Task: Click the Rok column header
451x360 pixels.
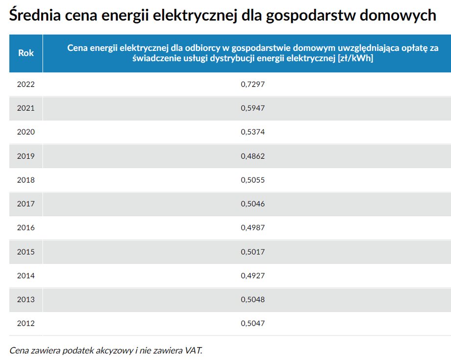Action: [x=25, y=53]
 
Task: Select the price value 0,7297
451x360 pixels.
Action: [x=252, y=84]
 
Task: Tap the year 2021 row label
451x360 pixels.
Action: [x=25, y=108]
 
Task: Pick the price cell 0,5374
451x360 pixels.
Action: [x=252, y=132]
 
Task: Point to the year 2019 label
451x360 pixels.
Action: [x=25, y=156]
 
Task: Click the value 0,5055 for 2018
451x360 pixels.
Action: [x=252, y=180]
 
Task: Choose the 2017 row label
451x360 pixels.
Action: [x=25, y=204]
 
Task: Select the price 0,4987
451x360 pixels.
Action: [x=252, y=228]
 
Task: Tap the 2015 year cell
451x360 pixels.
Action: [x=25, y=252]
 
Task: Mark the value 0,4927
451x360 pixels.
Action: [x=252, y=276]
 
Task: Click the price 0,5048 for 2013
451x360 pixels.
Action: [x=252, y=299]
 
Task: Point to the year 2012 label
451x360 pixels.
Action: [x=25, y=323]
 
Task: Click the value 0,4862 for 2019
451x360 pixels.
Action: [x=252, y=156]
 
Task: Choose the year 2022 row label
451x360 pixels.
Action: [x=25, y=84]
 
